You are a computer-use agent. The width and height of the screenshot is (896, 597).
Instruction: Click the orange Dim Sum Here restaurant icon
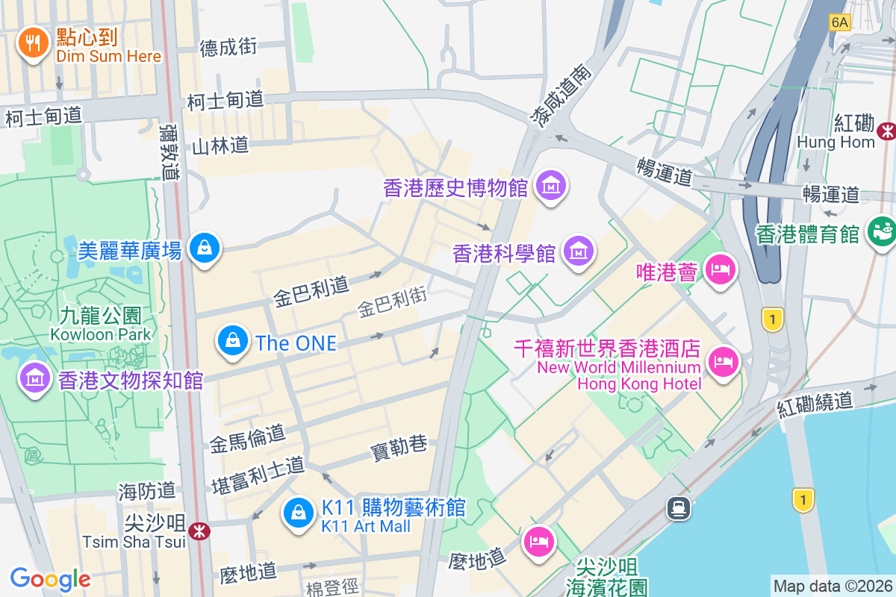tap(32, 44)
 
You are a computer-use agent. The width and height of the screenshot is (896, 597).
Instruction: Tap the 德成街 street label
tap(228, 47)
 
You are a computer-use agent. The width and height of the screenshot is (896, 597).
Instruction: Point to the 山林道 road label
tap(220, 146)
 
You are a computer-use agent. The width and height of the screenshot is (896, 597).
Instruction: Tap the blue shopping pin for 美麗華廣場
tap(203, 247)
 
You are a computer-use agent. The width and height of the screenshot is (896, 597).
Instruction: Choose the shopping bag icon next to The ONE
tap(233, 340)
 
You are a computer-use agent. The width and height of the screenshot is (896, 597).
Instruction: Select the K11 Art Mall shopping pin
tap(299, 513)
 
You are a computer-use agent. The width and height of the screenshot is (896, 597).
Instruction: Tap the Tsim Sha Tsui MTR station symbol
tap(199, 531)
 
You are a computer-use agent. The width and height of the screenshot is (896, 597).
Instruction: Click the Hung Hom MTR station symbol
tap(887, 131)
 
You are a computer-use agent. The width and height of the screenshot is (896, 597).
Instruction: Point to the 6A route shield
tap(839, 22)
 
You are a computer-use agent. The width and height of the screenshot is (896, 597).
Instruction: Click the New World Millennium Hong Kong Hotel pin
tap(722, 361)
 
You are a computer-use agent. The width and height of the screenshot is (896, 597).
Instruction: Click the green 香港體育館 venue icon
tap(881, 231)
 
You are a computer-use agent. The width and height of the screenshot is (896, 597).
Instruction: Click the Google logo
tap(50, 578)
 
